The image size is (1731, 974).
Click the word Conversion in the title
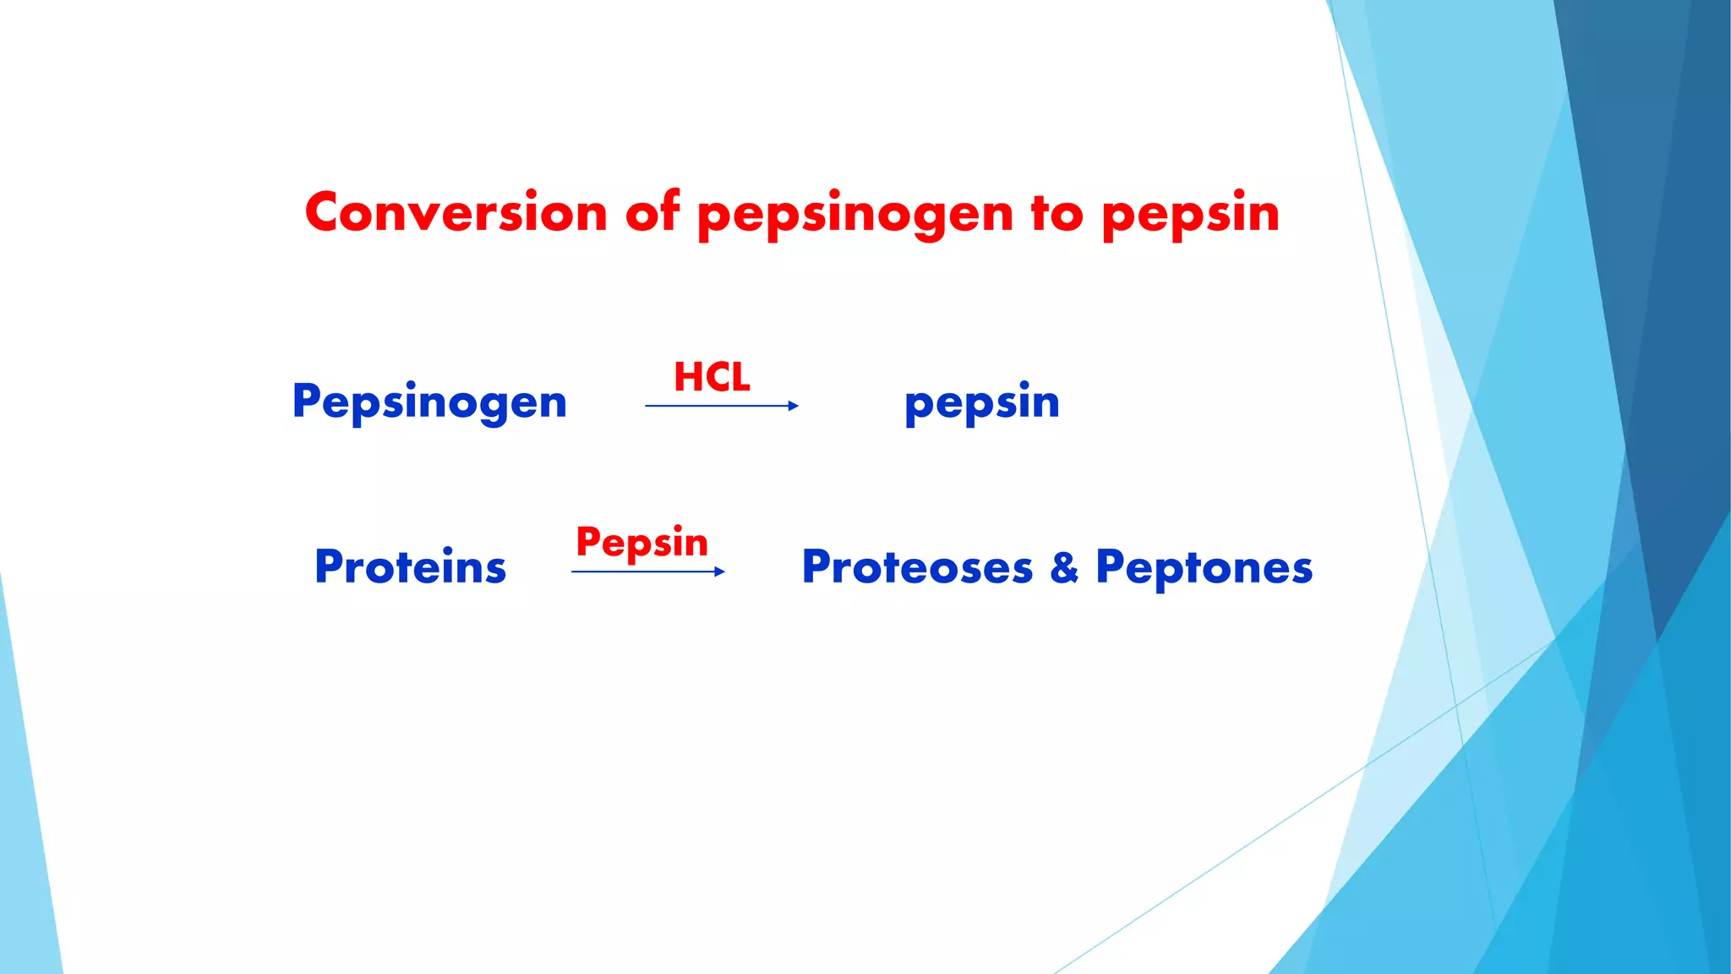coord(456,212)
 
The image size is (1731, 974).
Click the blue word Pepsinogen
coord(429,402)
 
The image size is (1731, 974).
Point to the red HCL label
coord(712,377)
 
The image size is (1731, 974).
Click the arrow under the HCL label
coord(718,406)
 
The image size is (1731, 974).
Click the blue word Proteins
coord(410,566)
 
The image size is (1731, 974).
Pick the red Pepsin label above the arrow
coord(642,543)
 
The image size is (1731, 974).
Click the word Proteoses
coord(917,567)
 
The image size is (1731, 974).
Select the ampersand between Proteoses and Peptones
coord(1064,567)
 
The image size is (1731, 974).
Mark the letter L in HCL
coord(740,377)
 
